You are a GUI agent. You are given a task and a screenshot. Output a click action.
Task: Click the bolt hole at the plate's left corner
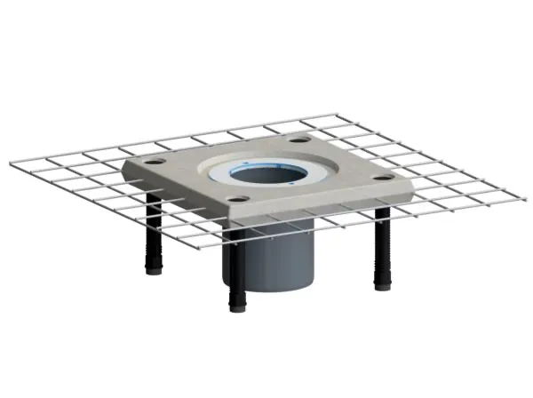coord(155,162)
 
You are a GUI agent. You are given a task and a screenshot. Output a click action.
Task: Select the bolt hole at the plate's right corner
coord(383,177)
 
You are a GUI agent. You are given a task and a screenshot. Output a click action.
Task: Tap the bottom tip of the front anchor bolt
coord(237,310)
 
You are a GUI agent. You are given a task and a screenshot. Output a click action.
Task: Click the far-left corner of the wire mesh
coord(12,164)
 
